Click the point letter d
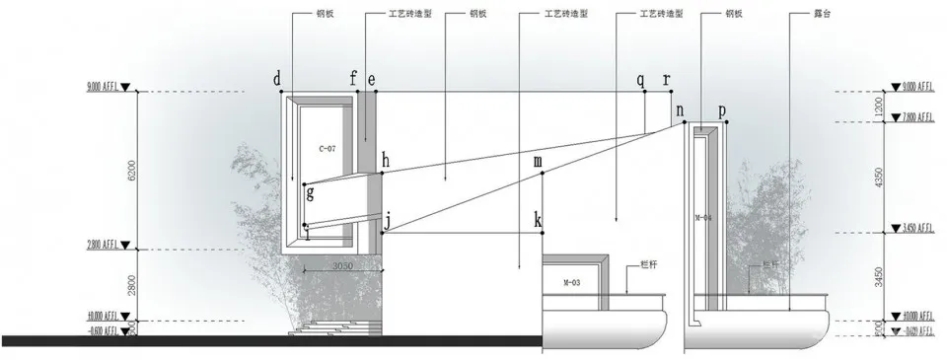coord(277,78)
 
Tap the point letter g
coord(310,194)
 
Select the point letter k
coord(538,219)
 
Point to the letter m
coord(538,161)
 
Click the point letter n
coord(681,111)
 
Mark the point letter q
coord(640,78)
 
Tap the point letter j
coord(387,222)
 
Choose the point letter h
coord(386,160)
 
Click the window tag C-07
coord(328,148)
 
